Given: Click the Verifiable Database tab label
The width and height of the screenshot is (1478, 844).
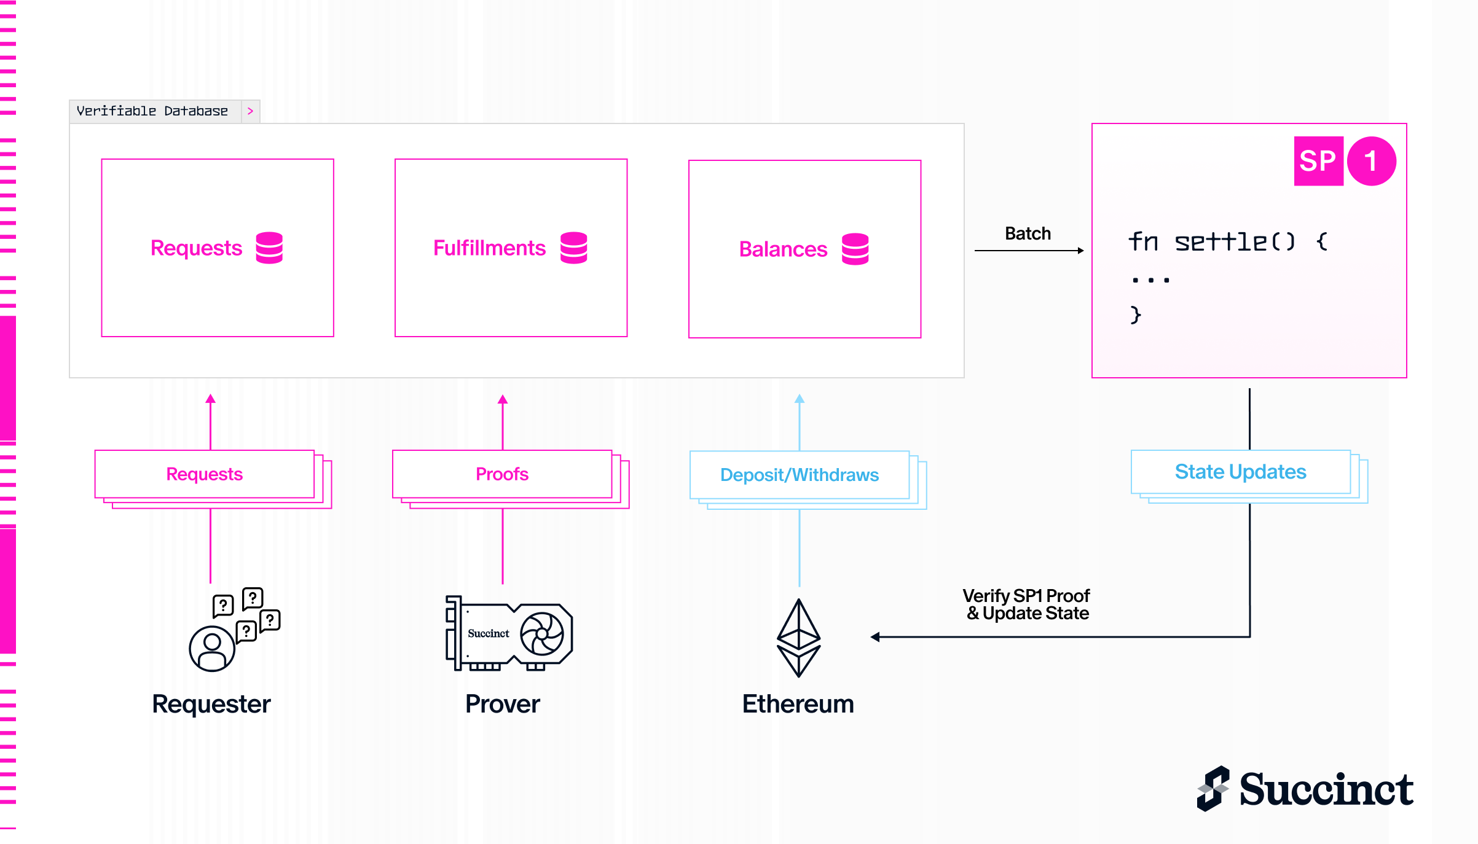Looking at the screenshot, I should pyautogui.click(x=152, y=111).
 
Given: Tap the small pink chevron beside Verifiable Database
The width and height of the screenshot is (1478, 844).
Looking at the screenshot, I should pyautogui.click(x=250, y=111).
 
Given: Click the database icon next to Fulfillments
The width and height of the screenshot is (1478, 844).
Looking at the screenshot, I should pyautogui.click(x=573, y=248).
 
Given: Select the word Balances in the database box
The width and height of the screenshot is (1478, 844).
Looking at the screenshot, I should pyautogui.click(x=783, y=249).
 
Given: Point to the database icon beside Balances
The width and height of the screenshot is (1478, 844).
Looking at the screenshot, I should pyautogui.click(x=855, y=249).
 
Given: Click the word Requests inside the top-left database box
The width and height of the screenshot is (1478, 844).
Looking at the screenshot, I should pyautogui.click(x=196, y=248).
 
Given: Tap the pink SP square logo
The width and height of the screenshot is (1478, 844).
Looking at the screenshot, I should pyautogui.click(x=1318, y=161).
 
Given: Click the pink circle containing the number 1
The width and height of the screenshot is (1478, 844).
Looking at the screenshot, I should pyautogui.click(x=1371, y=161).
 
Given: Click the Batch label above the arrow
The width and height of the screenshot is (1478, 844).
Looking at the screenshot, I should pyautogui.click(x=1028, y=233).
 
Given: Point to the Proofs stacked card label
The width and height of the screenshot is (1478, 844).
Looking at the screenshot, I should pyautogui.click(x=501, y=474).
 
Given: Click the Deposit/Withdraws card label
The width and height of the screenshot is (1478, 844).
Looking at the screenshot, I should pyautogui.click(x=799, y=475).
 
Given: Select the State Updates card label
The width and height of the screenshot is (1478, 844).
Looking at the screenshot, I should pyautogui.click(x=1240, y=472).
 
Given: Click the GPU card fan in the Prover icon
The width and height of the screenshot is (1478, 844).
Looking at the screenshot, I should pyautogui.click(x=541, y=634).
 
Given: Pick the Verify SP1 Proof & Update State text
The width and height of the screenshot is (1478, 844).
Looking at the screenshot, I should pyautogui.click(x=1026, y=604).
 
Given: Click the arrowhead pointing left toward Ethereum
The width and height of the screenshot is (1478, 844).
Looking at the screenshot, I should pyautogui.click(x=875, y=637).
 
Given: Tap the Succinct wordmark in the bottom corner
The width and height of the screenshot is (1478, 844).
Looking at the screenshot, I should pyautogui.click(x=1326, y=789).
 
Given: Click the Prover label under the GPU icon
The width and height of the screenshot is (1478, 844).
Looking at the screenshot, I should pyautogui.click(x=502, y=704).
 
